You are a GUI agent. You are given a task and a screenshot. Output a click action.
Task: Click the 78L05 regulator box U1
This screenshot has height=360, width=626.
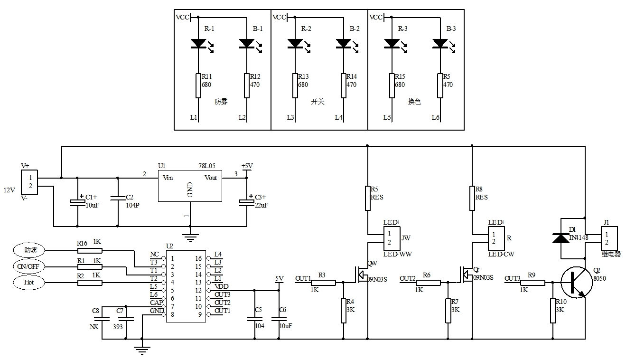click(x=190, y=187)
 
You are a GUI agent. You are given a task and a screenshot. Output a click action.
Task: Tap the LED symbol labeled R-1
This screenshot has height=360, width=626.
click(x=198, y=44)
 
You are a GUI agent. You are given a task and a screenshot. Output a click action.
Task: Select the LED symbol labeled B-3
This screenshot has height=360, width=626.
click(x=440, y=44)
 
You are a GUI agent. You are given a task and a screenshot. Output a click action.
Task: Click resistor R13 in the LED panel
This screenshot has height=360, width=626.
click(x=295, y=85)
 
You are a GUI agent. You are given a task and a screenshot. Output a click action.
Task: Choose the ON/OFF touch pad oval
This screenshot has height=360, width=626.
click(x=28, y=266)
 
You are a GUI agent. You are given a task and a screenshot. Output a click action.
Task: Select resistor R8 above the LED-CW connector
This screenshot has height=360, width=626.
click(x=472, y=198)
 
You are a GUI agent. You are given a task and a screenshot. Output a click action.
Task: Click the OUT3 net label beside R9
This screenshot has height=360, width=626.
click(x=512, y=278)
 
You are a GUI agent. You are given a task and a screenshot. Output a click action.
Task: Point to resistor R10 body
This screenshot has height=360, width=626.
click(x=553, y=311)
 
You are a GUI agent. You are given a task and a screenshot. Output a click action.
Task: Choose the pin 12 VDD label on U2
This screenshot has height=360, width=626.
click(x=221, y=287)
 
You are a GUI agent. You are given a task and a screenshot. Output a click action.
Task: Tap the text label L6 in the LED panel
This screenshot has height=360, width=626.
click(x=435, y=117)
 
